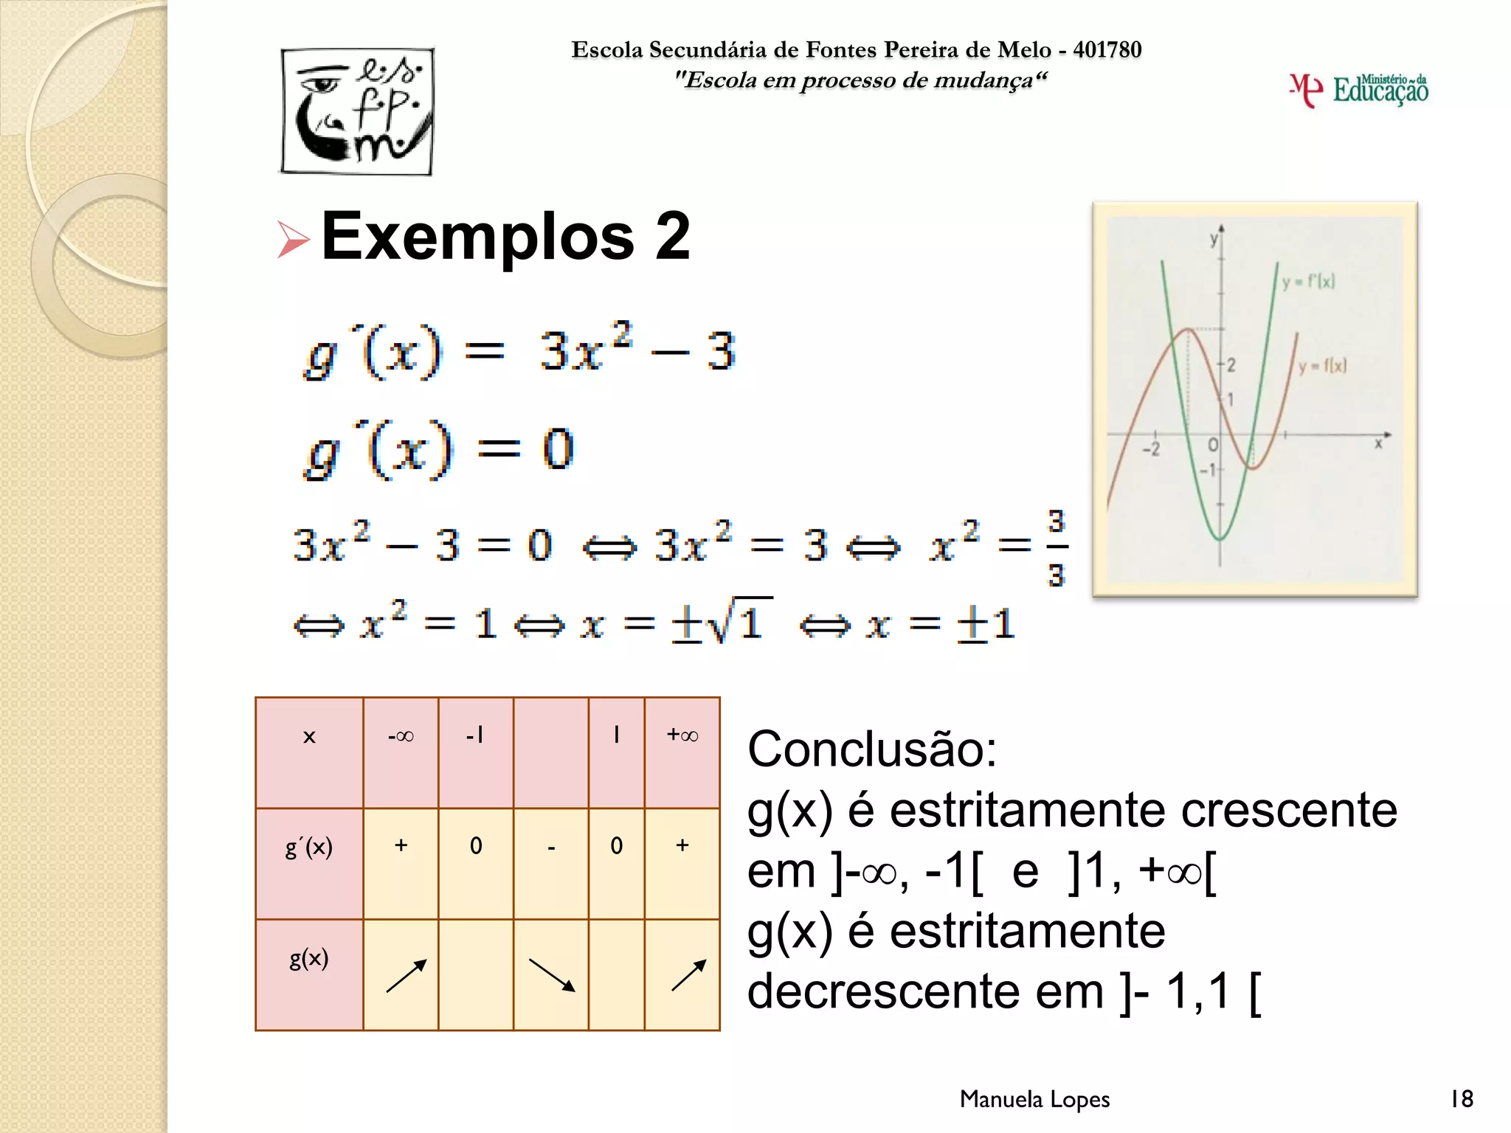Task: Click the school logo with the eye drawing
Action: coord(357,111)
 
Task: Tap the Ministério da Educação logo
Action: coord(1359,90)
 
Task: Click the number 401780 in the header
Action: coord(1107,49)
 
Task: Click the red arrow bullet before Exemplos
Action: coord(293,240)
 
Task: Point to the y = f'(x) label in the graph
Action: coord(1308,282)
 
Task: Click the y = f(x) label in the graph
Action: coord(1322,366)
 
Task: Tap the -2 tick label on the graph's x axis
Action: coord(1151,448)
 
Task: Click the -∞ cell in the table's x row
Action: coord(401,736)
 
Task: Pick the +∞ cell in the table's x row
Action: coord(682,735)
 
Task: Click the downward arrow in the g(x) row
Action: coord(552,974)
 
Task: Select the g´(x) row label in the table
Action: coord(309,847)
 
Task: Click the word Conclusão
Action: coord(871,749)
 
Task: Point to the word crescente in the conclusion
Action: coord(1288,810)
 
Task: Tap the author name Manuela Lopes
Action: coord(1034,1099)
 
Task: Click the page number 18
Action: coord(1462,1099)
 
